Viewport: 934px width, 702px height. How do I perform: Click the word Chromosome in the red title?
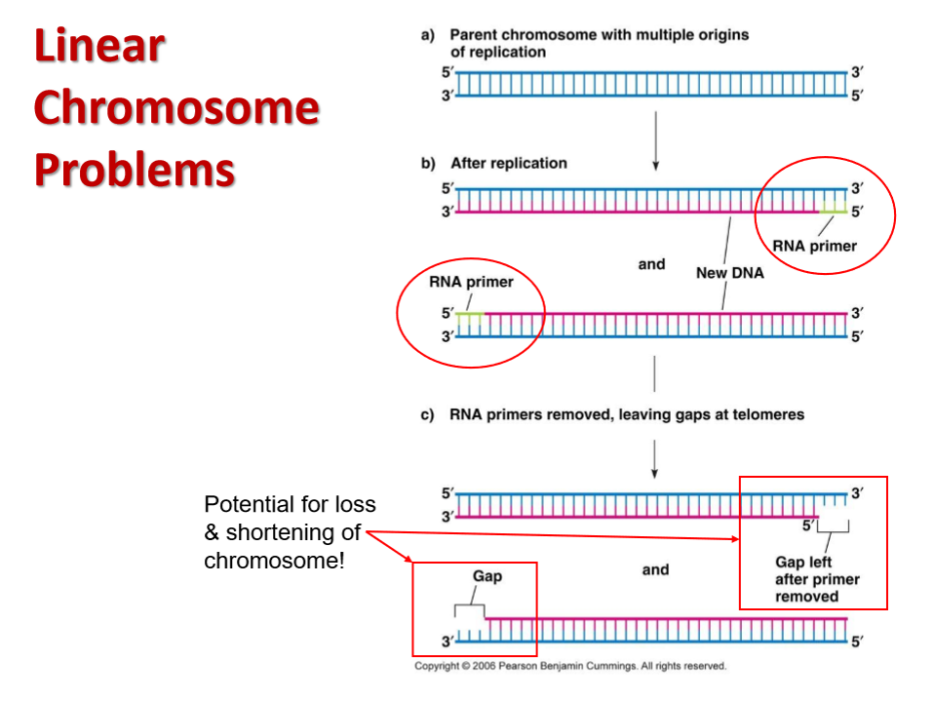pyautogui.click(x=176, y=107)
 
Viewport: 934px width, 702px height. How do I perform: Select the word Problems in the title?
pyautogui.click(x=135, y=170)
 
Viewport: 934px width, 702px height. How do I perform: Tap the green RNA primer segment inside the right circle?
pyautogui.click(x=834, y=210)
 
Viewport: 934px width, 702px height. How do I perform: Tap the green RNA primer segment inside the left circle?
pyautogui.click(x=469, y=317)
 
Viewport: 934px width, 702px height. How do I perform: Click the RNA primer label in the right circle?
pyautogui.click(x=814, y=246)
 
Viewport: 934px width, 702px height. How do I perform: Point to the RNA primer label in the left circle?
pyautogui.click(x=471, y=282)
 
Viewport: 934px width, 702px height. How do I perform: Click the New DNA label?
pyautogui.click(x=729, y=273)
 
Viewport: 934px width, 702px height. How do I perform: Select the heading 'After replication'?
pyautogui.click(x=509, y=163)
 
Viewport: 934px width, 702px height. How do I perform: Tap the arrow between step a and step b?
pyautogui.click(x=656, y=140)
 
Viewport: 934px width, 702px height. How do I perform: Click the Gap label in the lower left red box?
pyautogui.click(x=487, y=575)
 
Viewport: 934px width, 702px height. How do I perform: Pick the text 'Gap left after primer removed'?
pyautogui.click(x=817, y=579)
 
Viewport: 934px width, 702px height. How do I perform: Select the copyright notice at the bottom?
pyautogui.click(x=570, y=666)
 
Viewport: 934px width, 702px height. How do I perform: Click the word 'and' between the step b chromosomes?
pyautogui.click(x=651, y=264)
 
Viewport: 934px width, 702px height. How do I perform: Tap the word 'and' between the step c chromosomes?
pyautogui.click(x=655, y=569)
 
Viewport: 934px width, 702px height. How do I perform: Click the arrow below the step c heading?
pyautogui.click(x=654, y=459)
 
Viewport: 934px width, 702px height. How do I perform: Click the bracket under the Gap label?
pyautogui.click(x=469, y=605)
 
